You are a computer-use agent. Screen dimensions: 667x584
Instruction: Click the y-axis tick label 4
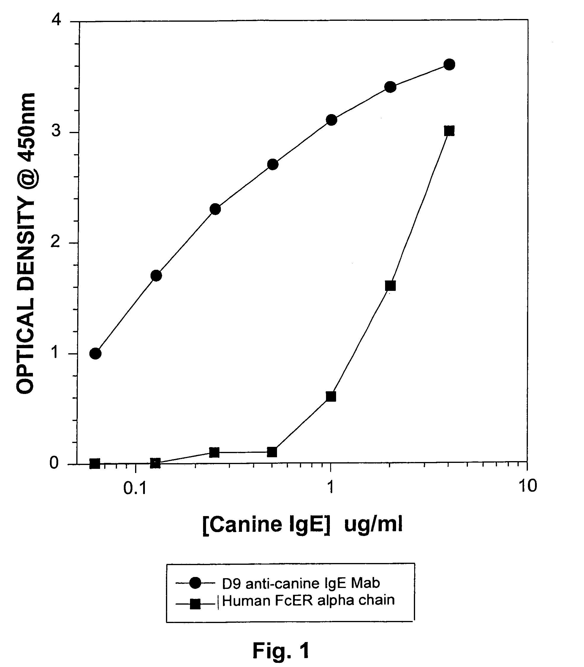(x=56, y=21)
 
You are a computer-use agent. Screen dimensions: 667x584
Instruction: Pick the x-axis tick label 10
(x=527, y=486)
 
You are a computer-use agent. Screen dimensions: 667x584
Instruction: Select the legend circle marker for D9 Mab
(x=196, y=583)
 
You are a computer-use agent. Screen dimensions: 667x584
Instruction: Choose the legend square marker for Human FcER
(x=195, y=604)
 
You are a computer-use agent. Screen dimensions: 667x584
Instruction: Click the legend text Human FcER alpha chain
(x=308, y=600)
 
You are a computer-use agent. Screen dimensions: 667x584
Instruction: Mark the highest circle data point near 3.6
(x=449, y=64)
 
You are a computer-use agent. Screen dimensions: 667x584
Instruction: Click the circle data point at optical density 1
(x=95, y=353)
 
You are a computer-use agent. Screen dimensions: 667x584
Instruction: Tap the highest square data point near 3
(x=449, y=131)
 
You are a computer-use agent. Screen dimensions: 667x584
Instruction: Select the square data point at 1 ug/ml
(x=331, y=397)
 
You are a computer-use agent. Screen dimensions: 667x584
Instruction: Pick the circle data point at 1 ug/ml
(x=331, y=120)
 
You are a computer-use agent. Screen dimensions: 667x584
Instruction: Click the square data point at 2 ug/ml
(x=390, y=286)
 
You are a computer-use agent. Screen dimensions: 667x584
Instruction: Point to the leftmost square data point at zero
(x=94, y=463)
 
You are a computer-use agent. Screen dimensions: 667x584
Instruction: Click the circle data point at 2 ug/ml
(x=390, y=87)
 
